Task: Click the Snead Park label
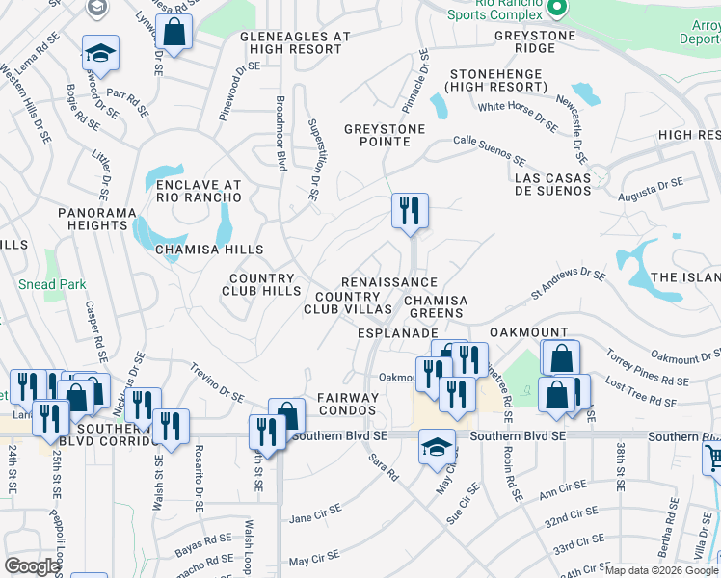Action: coord(52,284)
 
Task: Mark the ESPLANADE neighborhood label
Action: coord(398,332)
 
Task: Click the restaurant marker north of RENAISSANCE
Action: coord(410,210)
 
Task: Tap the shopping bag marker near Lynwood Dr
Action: coord(174,32)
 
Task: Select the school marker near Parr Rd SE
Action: coord(99,54)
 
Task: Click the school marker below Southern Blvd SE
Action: coord(437,446)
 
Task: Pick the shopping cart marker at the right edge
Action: coord(711,460)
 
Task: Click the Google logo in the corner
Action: coord(32,566)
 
